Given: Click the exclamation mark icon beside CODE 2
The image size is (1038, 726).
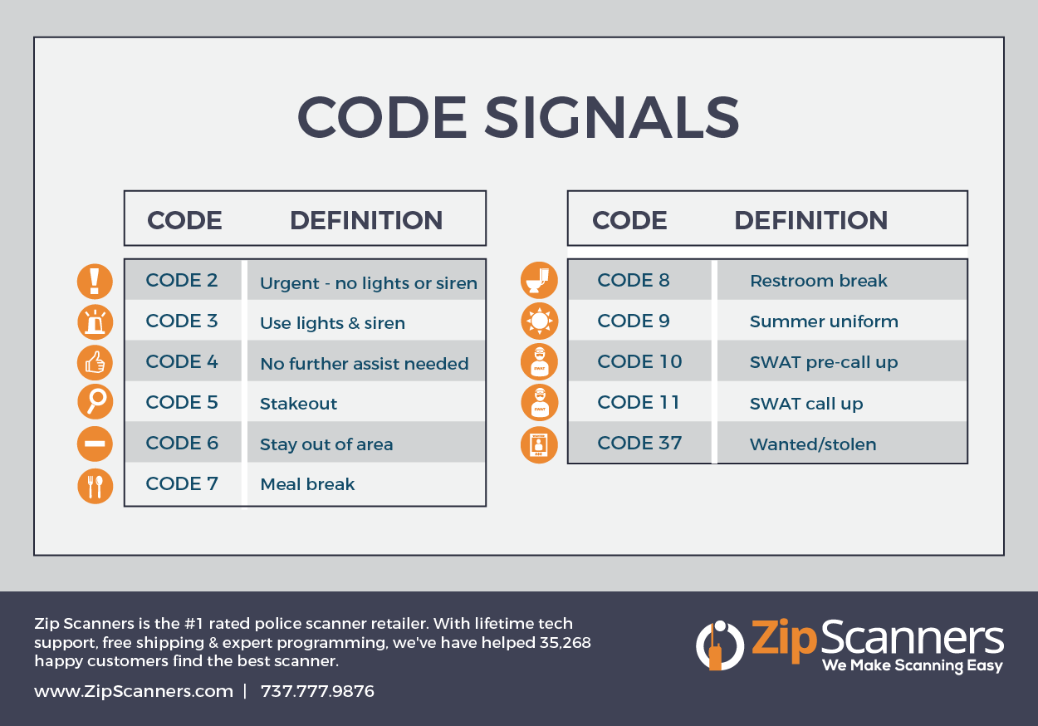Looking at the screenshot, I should [x=95, y=281].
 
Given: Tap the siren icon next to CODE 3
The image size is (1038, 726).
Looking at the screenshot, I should [x=95, y=321].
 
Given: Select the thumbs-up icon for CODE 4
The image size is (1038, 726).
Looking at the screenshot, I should [x=95, y=362].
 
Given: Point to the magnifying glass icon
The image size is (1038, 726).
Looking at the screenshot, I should [x=95, y=403].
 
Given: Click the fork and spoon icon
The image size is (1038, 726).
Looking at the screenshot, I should [x=95, y=485].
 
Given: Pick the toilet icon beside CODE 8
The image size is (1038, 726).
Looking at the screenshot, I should [x=540, y=281].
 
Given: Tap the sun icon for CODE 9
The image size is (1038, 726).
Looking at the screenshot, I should [x=540, y=321].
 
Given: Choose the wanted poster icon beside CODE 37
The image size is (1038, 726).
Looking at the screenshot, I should [x=540, y=444].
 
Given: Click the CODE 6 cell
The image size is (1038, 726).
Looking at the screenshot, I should [x=182, y=443].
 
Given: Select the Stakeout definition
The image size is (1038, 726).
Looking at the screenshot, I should [x=298, y=404].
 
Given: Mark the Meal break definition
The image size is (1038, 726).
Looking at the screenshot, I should [x=307, y=484].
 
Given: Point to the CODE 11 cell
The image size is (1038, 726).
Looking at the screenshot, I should [x=639, y=403].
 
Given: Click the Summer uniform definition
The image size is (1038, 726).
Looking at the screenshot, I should [x=824, y=321].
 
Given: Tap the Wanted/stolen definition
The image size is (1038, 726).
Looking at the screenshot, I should [x=813, y=444].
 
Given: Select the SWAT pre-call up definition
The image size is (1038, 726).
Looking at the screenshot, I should [x=824, y=362].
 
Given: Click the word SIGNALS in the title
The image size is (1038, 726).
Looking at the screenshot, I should [x=611, y=117].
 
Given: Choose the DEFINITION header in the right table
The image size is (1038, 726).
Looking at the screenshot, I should [x=810, y=220].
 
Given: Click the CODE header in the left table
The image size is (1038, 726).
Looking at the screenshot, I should [x=184, y=220].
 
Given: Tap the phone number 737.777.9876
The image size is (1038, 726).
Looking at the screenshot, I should [x=317, y=691].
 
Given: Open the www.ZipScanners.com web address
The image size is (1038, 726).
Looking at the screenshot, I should [x=134, y=691].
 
